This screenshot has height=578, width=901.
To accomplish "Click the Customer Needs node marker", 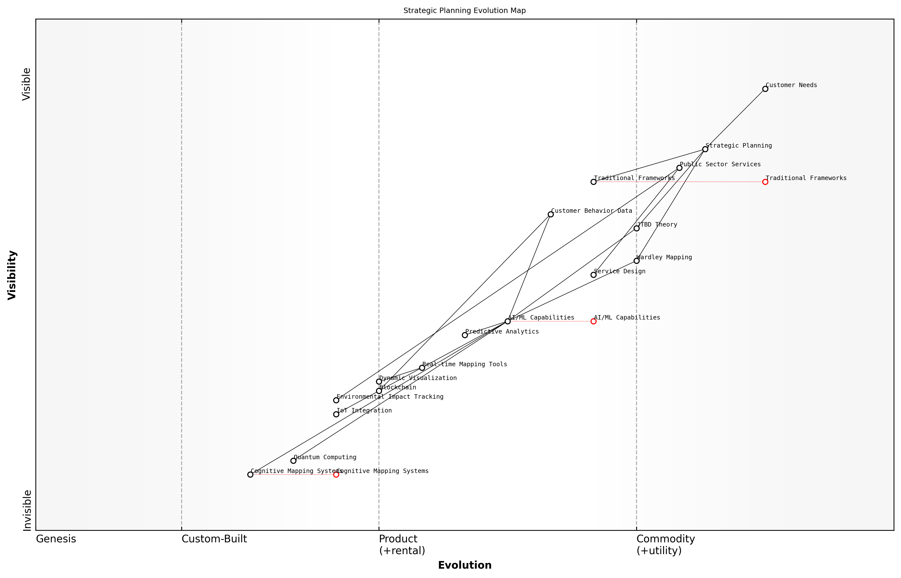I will [765, 89].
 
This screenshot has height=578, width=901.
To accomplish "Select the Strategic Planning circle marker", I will [705, 149].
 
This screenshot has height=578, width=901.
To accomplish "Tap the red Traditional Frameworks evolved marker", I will [765, 182].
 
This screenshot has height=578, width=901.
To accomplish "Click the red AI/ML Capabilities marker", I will [593, 321].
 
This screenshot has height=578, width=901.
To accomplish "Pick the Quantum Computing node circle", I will [293, 460].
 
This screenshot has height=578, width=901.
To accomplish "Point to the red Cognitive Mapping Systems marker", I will [336, 474].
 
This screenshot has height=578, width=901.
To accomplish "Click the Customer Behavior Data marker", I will [550, 214].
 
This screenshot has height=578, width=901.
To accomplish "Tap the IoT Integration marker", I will [336, 414].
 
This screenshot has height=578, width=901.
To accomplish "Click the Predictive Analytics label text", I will [502, 331].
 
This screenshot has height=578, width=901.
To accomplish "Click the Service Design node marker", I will [593, 275].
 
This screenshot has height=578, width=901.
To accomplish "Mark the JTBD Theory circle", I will [636, 228].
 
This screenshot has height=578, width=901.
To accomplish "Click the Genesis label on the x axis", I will [56, 539].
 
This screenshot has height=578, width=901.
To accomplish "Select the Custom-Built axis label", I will [214, 539].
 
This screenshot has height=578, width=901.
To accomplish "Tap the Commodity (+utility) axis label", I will [665, 545].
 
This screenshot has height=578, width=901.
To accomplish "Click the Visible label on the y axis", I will [26, 84].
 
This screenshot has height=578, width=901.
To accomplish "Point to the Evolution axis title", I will [464, 565].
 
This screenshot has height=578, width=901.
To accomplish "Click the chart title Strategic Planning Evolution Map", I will [464, 11].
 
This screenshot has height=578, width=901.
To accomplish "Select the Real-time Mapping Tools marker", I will [422, 368].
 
